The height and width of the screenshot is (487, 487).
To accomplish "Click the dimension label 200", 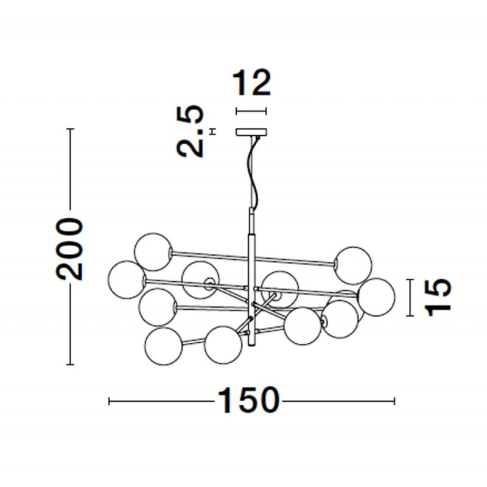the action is click(x=70, y=249).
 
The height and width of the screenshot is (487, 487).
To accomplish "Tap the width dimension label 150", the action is click(x=248, y=401).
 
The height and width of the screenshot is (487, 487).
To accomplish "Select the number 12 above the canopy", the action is click(x=252, y=82).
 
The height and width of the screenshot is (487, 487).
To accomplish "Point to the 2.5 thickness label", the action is click(x=190, y=131).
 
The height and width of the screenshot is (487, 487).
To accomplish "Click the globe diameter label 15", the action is click(x=438, y=297).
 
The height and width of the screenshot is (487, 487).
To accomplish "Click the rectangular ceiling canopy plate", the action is click(x=251, y=132).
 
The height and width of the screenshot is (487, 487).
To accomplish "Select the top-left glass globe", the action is click(x=153, y=251).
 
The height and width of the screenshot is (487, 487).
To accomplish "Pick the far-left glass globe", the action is click(x=127, y=279).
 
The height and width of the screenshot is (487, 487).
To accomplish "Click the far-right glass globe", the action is click(x=376, y=297).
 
